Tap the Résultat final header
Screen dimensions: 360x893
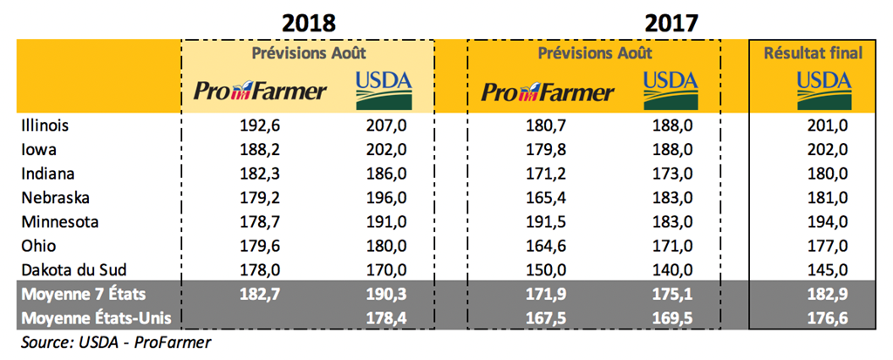(x=813, y=53)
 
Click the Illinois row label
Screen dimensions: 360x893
(x=45, y=126)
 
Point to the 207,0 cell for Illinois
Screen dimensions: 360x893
(x=387, y=126)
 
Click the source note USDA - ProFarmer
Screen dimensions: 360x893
(x=115, y=342)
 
